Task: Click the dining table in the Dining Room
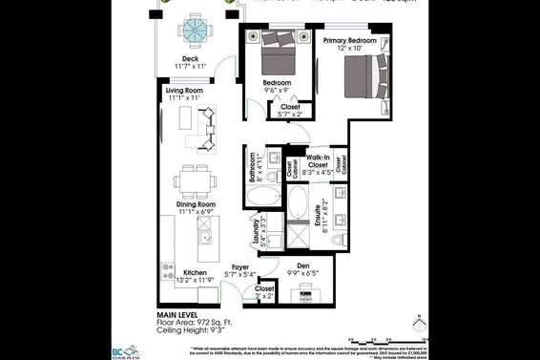click(x=194, y=180)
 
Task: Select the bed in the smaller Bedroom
click(x=277, y=58)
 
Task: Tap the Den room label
click(x=303, y=265)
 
